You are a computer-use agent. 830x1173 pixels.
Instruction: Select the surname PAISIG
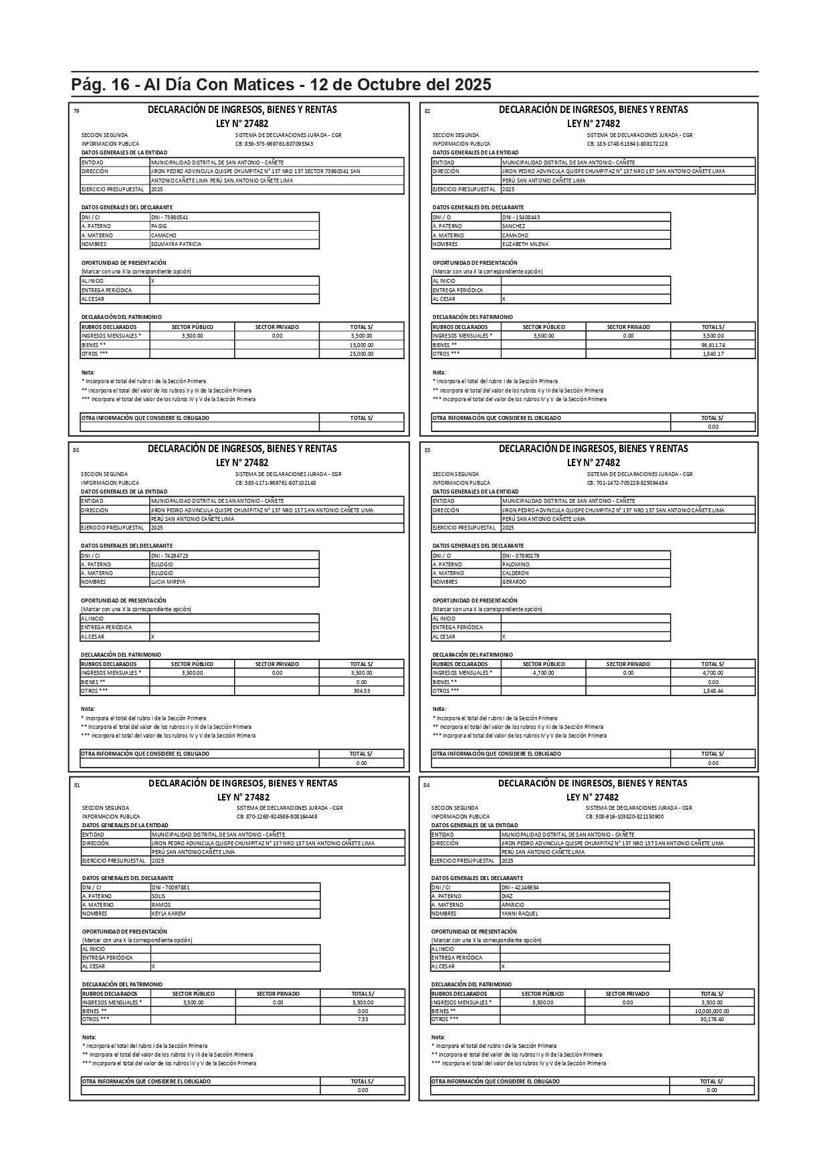[x=159, y=226]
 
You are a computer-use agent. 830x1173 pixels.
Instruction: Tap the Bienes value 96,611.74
[x=713, y=345]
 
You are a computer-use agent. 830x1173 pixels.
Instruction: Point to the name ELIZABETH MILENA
[x=525, y=244]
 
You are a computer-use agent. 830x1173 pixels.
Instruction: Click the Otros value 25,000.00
[x=361, y=354]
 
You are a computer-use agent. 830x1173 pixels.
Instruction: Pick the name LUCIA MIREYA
[x=168, y=582]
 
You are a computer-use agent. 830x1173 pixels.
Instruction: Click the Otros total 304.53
[x=361, y=691]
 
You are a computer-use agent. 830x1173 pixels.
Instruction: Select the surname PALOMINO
[x=516, y=564]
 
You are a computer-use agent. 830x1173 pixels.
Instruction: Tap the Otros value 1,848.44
[x=713, y=691]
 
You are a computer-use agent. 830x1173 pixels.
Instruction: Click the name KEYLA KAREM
[x=169, y=914]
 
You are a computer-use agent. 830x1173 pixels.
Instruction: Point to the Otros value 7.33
[x=362, y=1019]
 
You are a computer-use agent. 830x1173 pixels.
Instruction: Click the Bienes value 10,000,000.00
[x=712, y=1011]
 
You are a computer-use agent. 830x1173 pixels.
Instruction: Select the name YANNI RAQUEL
[x=520, y=914]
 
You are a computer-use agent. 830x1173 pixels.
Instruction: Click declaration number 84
[x=427, y=785]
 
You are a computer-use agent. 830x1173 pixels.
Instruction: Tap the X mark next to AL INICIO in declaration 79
[x=152, y=281]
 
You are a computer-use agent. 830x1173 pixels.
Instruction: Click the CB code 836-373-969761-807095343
[x=274, y=144]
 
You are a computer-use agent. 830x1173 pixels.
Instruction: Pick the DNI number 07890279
[x=521, y=556]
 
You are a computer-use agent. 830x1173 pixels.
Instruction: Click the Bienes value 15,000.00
[x=361, y=345]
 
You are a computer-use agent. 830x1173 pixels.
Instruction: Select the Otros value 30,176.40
[x=712, y=1019]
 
